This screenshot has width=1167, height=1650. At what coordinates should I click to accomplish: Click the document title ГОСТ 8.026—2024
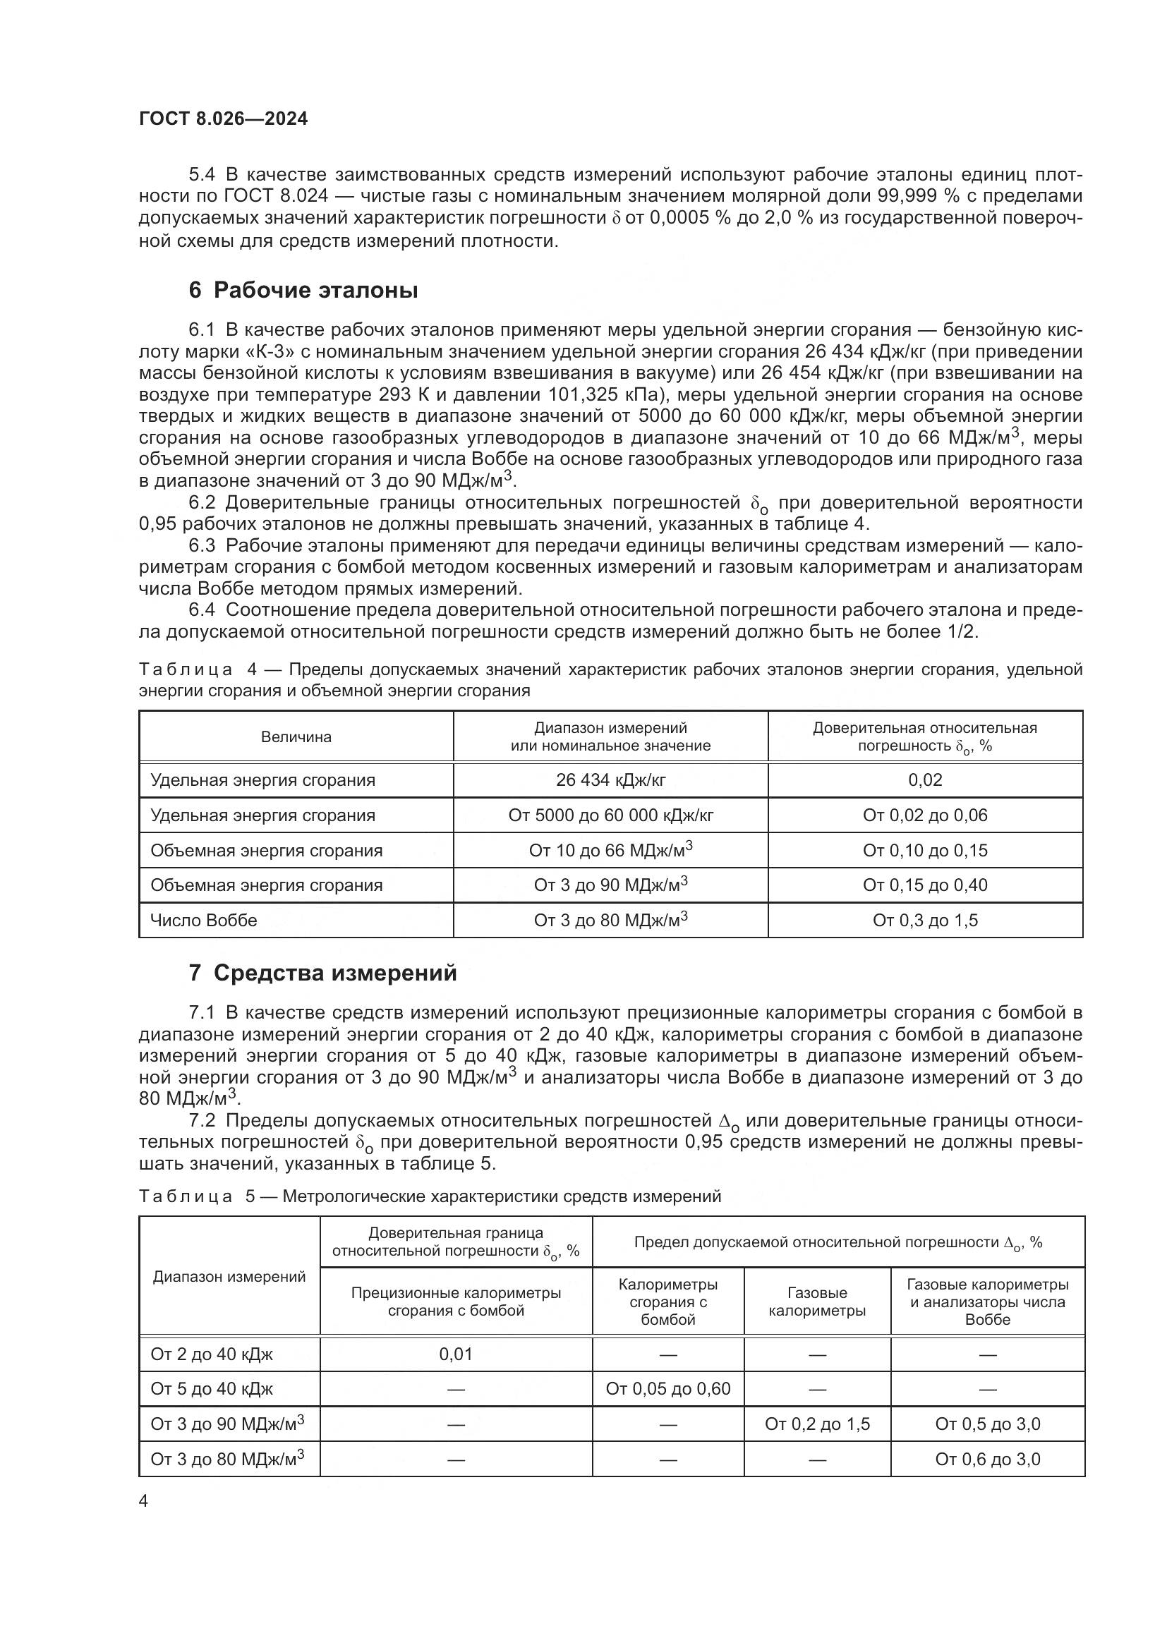(x=223, y=119)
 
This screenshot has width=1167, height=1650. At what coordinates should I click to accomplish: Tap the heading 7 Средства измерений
(x=322, y=973)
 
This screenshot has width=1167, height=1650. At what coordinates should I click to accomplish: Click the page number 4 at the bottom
(x=143, y=1501)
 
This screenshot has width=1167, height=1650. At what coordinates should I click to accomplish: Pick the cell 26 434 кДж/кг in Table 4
(x=610, y=779)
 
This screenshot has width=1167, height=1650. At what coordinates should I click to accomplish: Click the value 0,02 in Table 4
(x=925, y=779)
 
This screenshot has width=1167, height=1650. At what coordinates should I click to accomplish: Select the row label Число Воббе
(x=203, y=921)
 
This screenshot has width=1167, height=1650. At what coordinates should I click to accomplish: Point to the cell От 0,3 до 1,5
(x=925, y=921)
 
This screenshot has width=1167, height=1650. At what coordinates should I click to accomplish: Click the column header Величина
(x=296, y=736)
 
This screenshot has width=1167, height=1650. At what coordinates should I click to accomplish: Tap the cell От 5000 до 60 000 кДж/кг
(x=610, y=815)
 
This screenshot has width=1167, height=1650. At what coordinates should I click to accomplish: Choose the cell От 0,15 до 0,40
(x=925, y=885)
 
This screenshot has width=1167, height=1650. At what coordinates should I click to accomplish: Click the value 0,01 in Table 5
(x=456, y=1354)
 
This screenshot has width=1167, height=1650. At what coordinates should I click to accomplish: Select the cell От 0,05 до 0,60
(x=667, y=1389)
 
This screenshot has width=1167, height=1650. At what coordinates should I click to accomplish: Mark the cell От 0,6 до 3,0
(x=987, y=1459)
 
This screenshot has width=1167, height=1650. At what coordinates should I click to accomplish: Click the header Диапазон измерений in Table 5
(x=229, y=1277)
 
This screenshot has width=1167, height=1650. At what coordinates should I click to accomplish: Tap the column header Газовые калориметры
(x=817, y=1302)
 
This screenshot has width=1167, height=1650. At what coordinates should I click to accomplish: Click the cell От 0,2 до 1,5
(x=817, y=1424)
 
